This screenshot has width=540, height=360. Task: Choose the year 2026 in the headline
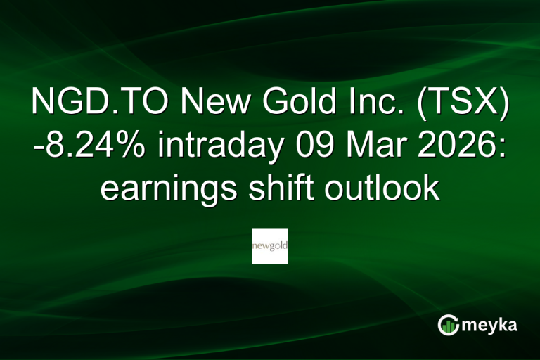tap(458, 147)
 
